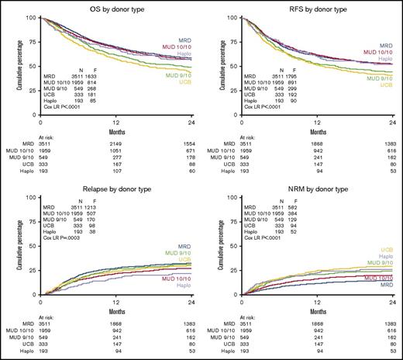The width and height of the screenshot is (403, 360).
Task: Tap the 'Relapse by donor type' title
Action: pos(111,189)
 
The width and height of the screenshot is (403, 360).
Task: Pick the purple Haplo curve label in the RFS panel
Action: pos(385,59)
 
